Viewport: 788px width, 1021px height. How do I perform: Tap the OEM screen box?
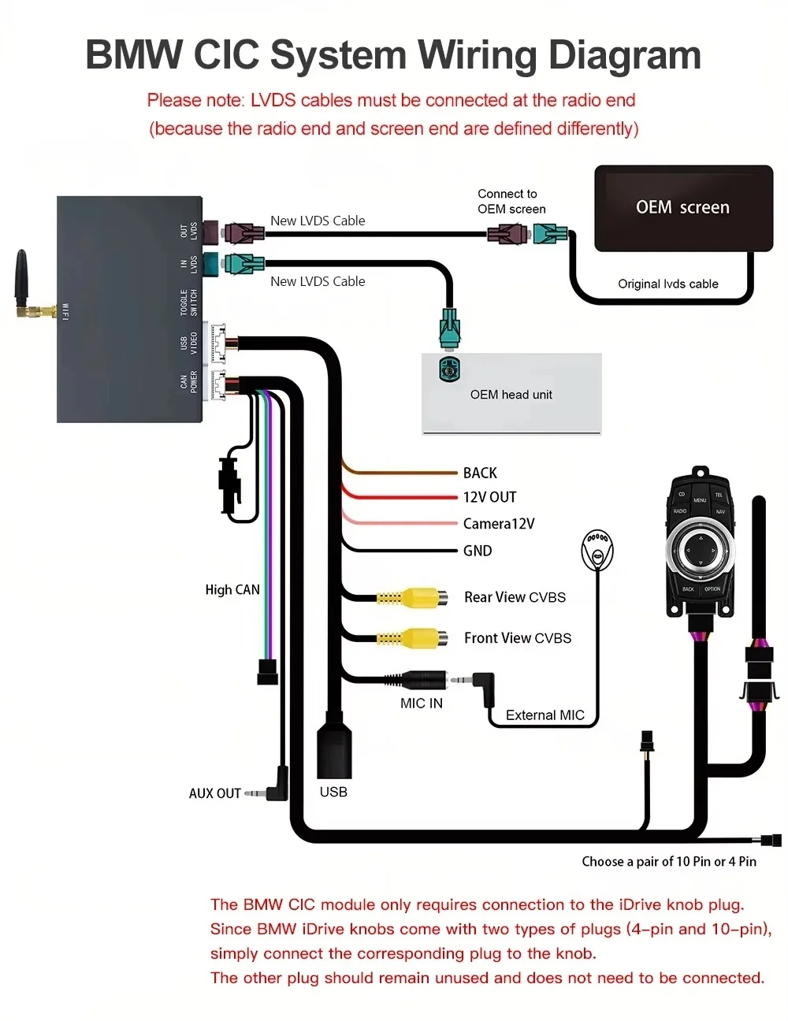point(683,208)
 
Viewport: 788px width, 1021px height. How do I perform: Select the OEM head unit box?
point(511,394)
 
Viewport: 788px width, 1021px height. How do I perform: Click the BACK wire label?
point(480,473)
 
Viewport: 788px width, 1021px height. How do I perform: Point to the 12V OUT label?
point(489,497)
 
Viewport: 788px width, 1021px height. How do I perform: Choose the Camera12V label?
point(499,524)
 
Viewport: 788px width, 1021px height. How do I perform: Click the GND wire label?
point(478,551)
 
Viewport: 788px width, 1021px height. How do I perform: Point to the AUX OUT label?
point(214,793)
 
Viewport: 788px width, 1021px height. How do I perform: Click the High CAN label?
point(232,589)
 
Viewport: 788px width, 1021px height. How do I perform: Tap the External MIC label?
point(545,715)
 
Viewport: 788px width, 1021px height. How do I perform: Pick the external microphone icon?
point(597,549)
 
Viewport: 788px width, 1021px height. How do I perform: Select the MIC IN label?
point(422,704)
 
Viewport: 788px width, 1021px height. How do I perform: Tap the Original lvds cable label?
point(668,284)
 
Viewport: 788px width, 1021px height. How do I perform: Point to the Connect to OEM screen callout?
point(511,202)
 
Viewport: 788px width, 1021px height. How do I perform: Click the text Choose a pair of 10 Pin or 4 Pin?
point(669,862)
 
